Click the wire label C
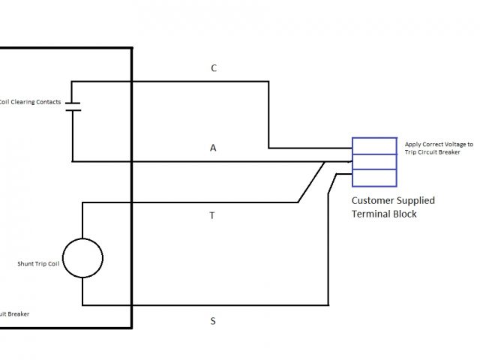214,68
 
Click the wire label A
213,148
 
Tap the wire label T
212,215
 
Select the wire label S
213,321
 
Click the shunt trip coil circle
82,257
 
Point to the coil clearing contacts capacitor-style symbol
73,106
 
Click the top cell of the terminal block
374,145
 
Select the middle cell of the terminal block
374,161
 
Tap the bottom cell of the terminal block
374,177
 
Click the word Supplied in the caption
416,201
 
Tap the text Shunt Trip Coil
37,264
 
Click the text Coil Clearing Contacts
31,102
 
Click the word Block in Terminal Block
405,214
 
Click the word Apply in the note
412,143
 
